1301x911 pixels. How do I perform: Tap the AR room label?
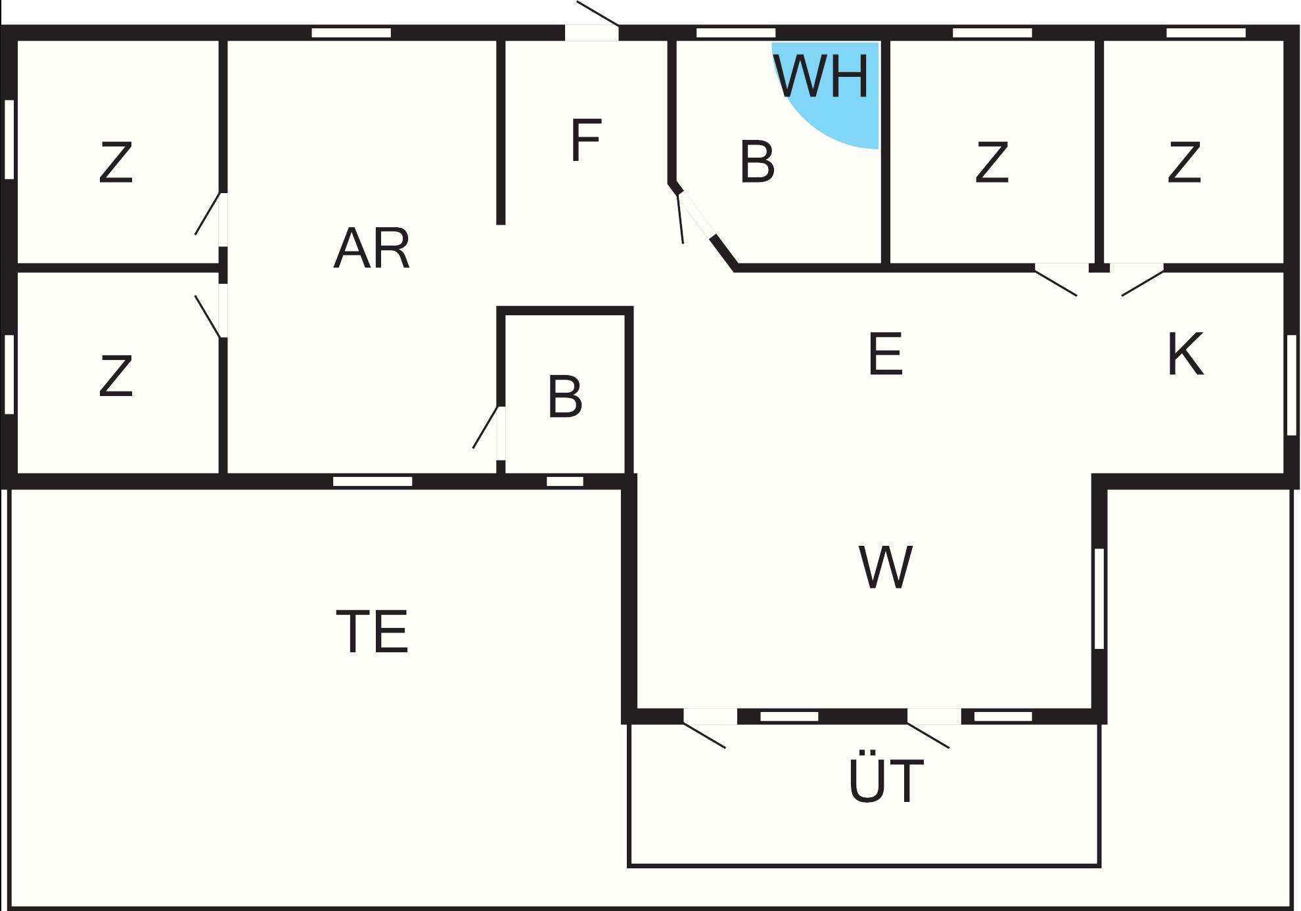371,249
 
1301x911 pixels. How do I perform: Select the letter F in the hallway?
585,140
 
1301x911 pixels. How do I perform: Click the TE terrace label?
372,631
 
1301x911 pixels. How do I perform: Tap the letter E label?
885,354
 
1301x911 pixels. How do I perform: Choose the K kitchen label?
1185,354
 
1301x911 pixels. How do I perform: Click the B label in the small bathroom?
564,397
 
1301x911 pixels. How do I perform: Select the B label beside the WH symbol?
757,162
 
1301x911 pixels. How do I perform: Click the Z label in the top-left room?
116,163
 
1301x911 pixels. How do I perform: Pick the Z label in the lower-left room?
116,376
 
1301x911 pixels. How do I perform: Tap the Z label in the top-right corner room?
1184,163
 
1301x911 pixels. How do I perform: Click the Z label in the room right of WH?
992,163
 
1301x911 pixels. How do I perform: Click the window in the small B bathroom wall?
565,481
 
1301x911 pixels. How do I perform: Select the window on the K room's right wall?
1291,385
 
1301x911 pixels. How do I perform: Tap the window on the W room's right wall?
1099,598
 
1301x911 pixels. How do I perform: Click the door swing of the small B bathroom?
486,428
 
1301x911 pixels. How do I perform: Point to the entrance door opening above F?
592,32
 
